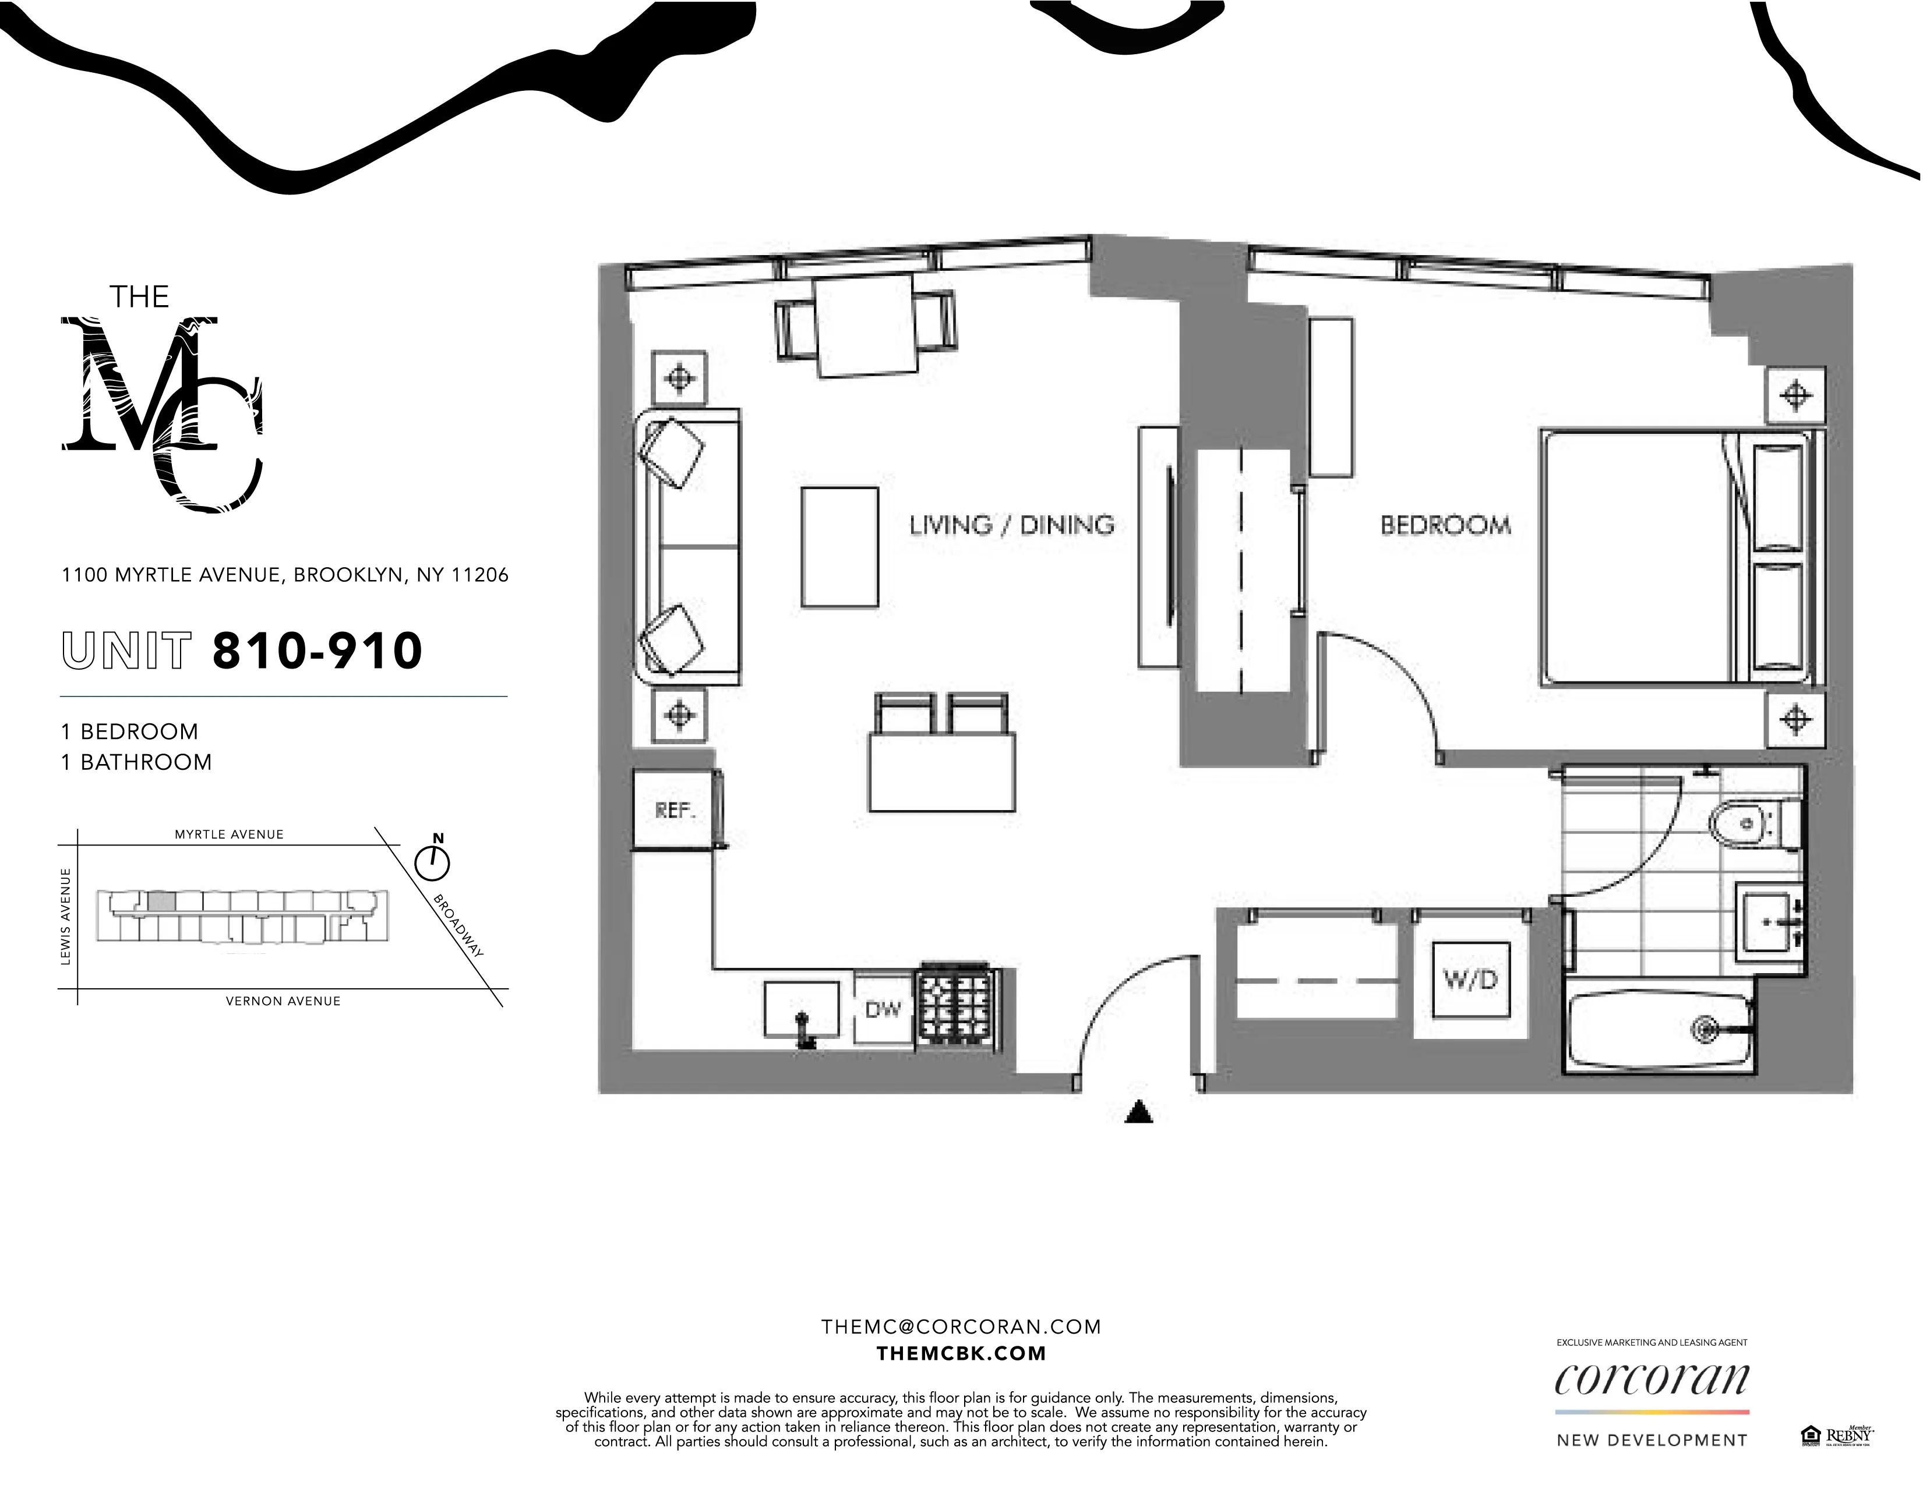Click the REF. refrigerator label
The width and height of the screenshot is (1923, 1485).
(x=675, y=811)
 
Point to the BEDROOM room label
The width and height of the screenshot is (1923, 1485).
(x=1445, y=525)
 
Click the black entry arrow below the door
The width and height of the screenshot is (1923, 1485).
(x=1139, y=1113)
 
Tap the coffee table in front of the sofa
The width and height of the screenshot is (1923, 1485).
(x=839, y=547)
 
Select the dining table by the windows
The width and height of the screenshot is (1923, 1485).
(x=866, y=326)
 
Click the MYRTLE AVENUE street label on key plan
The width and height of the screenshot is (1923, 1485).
(x=229, y=835)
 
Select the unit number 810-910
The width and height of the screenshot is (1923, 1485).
(x=317, y=652)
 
